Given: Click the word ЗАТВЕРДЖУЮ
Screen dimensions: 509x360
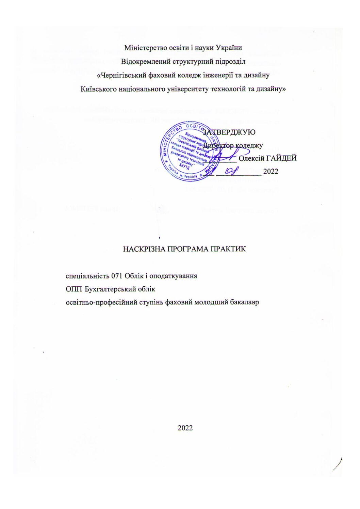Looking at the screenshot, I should [231, 132].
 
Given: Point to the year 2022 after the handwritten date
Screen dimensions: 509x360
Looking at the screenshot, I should [271, 171].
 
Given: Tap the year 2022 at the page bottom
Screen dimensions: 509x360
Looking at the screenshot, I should [185, 428].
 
